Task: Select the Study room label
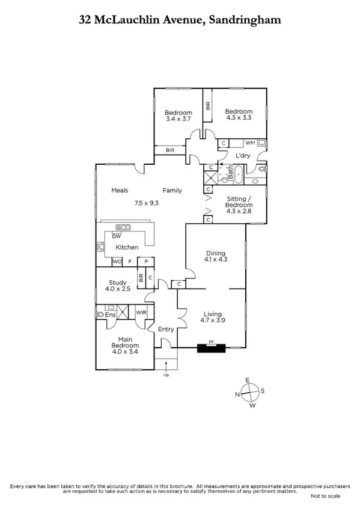pyautogui.click(x=116, y=283)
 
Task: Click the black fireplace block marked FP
pyautogui.click(x=211, y=347)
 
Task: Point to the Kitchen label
pyautogui.click(x=127, y=247)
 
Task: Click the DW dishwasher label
pyautogui.click(x=115, y=236)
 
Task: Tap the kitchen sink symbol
pyautogui.click(x=124, y=227)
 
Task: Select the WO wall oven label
pyautogui.click(x=117, y=262)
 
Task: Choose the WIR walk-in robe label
pyautogui.click(x=141, y=313)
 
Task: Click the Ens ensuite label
pyautogui.click(x=111, y=315)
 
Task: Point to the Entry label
pyautogui.click(x=165, y=329)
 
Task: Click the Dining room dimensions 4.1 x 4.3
pyautogui.click(x=216, y=260)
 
